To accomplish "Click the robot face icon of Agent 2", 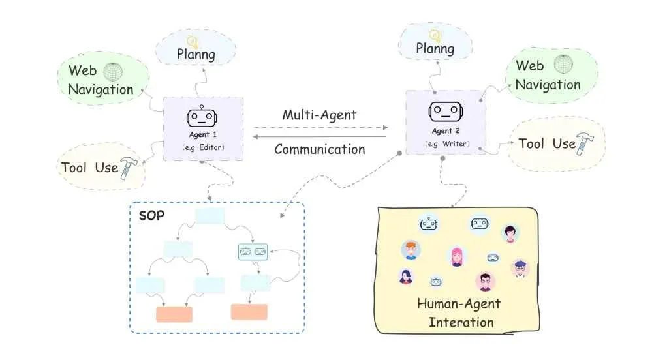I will (442, 111).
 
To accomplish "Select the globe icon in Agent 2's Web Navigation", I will (562, 65).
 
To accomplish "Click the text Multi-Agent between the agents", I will (319, 115).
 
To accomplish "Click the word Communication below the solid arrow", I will (319, 149).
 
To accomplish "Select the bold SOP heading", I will (151, 215).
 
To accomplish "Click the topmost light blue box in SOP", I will (210, 217).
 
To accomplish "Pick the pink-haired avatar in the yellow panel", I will (457, 256).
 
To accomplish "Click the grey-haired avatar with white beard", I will (520, 267).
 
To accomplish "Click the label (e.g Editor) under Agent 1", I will (202, 148).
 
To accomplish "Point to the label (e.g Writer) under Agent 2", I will (444, 143).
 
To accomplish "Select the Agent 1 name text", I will (202, 135).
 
